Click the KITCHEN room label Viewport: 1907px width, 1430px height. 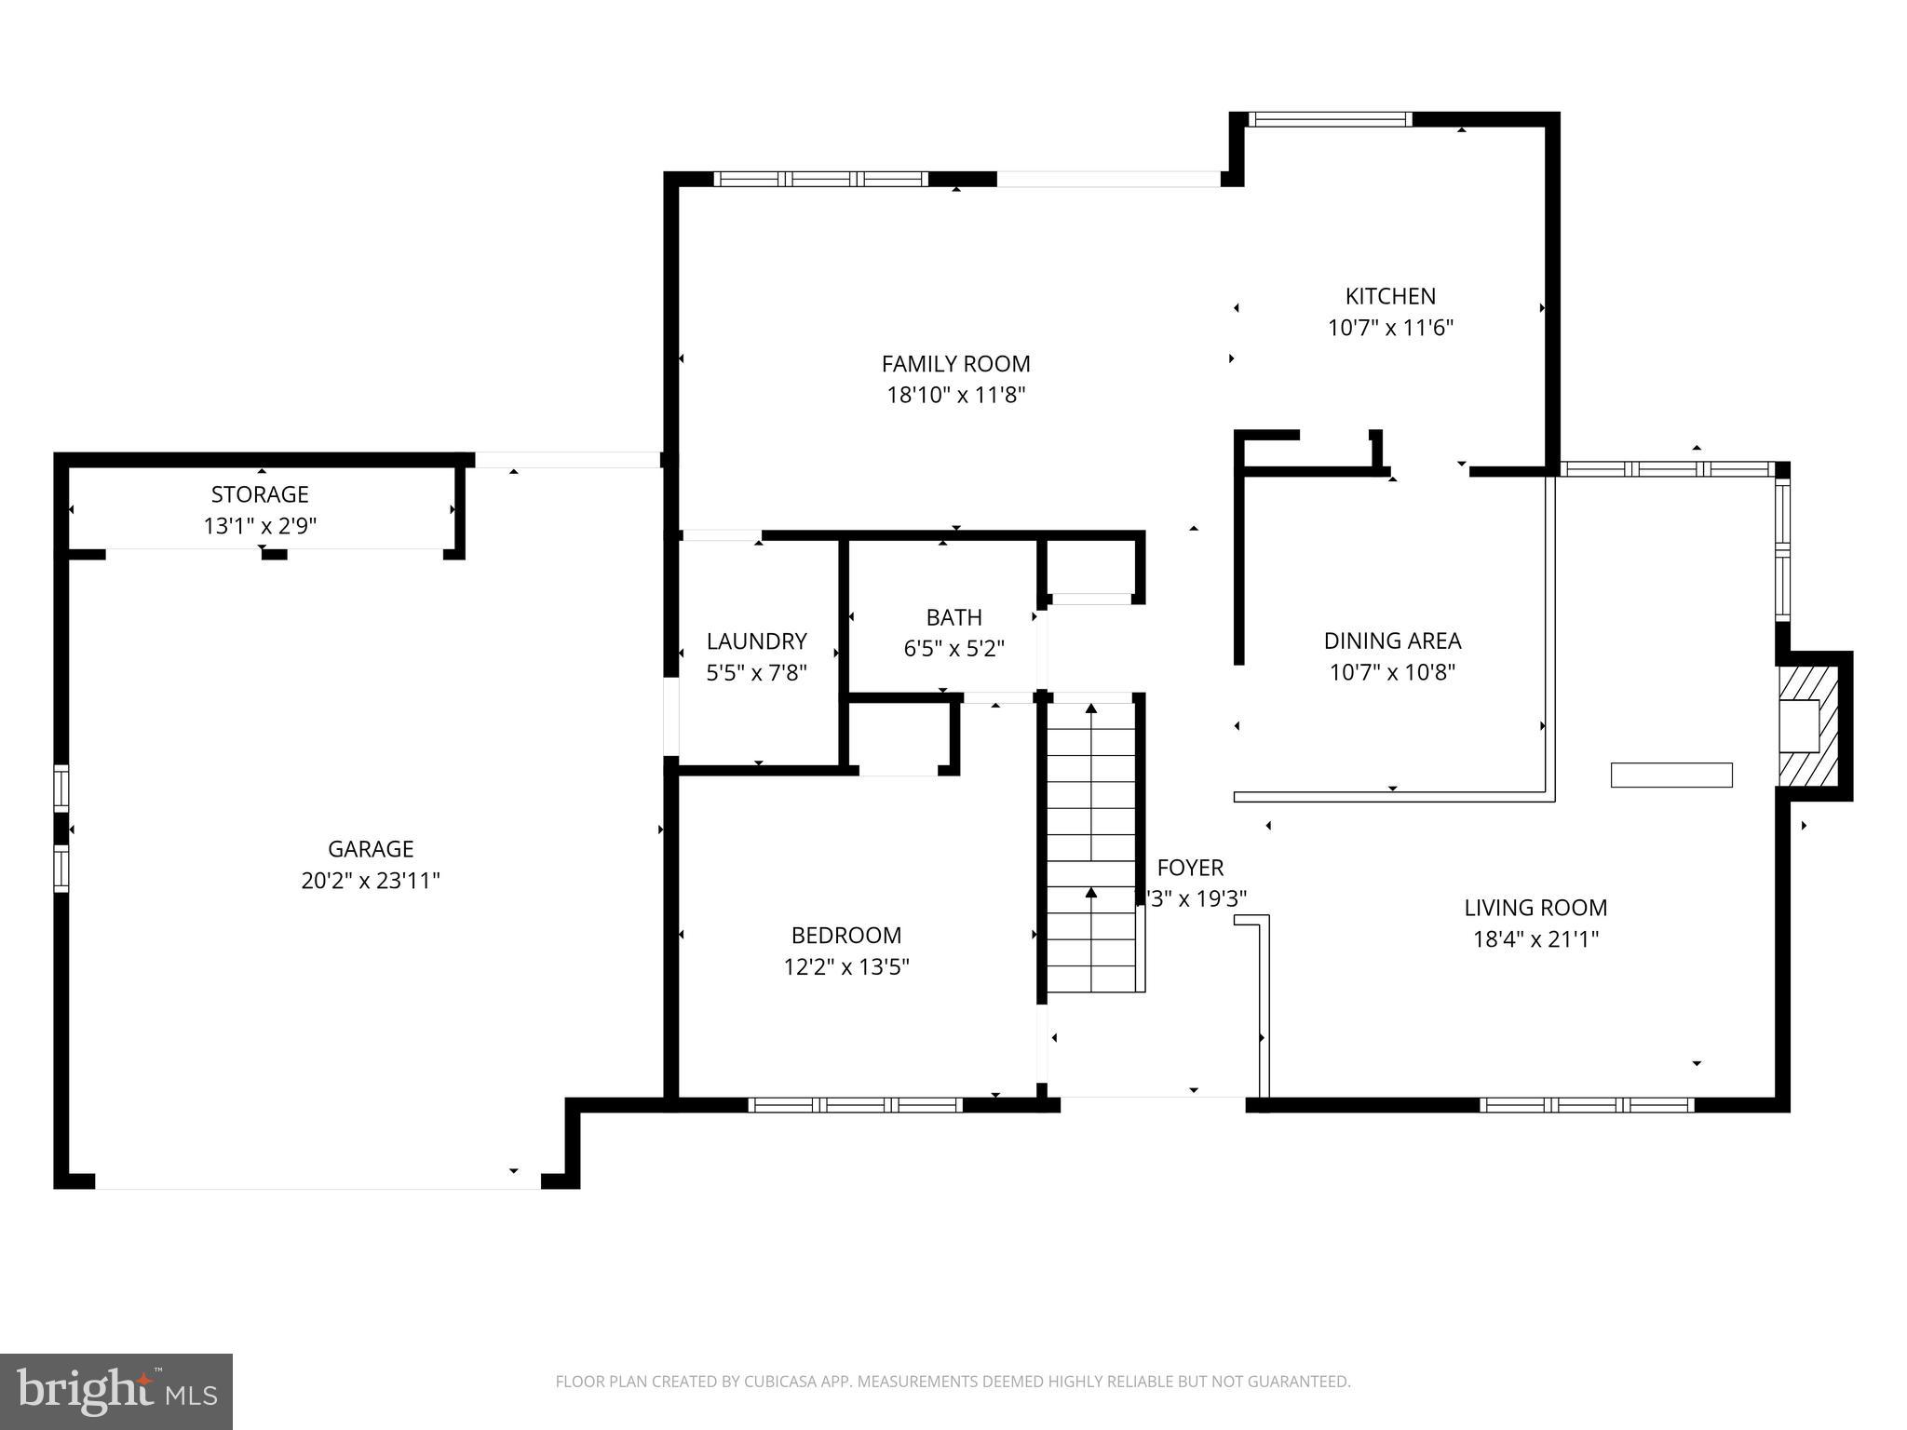[1389, 296]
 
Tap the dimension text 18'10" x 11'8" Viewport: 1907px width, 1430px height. [955, 396]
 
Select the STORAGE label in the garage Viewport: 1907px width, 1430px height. [259, 494]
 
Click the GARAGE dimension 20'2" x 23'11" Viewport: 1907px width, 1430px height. [370, 881]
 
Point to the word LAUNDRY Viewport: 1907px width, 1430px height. [756, 641]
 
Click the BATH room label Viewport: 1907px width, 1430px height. [953, 617]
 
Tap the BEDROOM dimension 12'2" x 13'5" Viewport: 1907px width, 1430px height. [845, 967]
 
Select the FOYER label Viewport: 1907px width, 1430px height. [1189, 868]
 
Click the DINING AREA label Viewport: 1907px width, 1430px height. [1392, 641]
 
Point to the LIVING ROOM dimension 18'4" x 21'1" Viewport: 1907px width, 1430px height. [1535, 939]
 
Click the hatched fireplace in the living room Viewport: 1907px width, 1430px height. [1809, 725]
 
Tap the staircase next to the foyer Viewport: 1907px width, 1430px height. [1091, 847]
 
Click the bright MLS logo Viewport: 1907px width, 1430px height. [115, 1392]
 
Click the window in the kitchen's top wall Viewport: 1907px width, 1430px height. [1329, 119]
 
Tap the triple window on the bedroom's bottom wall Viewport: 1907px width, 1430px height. [855, 1105]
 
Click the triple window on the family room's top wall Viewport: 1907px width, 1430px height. [820, 179]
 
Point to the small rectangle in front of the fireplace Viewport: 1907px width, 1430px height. [1671, 775]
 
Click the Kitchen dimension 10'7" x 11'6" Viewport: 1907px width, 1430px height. [1389, 328]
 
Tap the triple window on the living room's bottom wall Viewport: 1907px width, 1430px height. [1586, 1105]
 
